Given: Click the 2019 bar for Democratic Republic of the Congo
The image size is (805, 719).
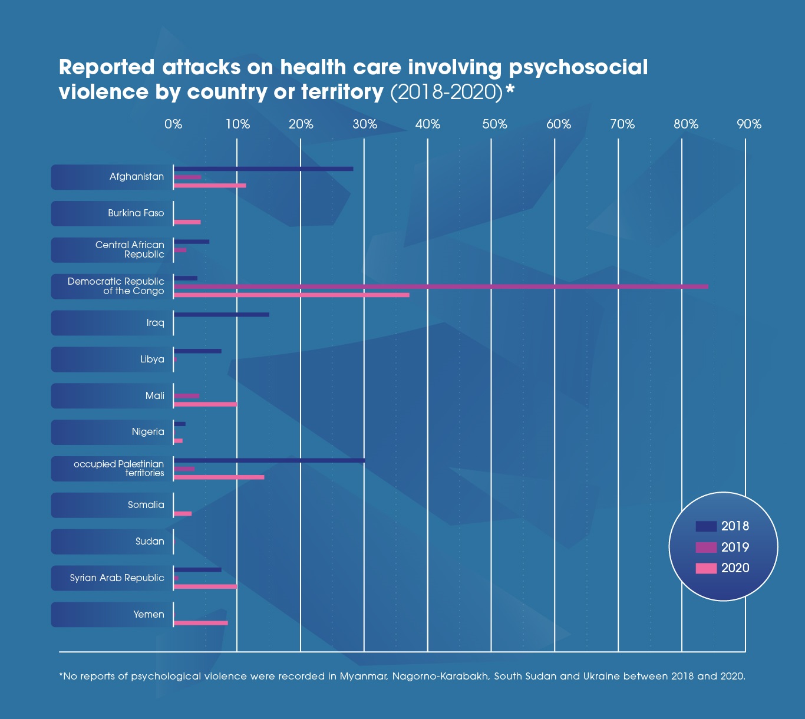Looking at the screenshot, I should point(441,286).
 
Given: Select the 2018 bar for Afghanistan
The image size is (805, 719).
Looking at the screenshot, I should point(263,169).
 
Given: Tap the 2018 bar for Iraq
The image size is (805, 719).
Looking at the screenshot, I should point(222,315).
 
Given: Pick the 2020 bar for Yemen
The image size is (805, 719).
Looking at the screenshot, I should point(201,623).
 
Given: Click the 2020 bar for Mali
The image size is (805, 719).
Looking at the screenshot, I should point(205,404).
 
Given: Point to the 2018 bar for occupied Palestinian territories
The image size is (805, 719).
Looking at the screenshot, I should point(269,460).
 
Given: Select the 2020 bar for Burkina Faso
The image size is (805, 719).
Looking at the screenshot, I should point(187,222).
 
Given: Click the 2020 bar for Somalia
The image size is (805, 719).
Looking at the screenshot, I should point(183,514).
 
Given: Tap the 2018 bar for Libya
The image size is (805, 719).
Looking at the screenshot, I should point(197,351).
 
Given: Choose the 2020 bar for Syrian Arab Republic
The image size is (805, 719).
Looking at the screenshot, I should point(205,586).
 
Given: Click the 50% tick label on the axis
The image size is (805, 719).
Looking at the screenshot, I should point(494,124).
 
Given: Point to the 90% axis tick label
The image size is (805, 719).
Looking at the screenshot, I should point(749,124).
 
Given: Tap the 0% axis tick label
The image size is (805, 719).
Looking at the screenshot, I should point(173,124).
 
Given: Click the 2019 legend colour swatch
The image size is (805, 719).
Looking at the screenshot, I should point(706,547).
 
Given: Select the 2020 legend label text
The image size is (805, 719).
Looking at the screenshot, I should point(735,568).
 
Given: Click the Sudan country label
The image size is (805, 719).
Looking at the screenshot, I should point(150,542).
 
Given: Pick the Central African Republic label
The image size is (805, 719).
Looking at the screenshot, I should point(130,250).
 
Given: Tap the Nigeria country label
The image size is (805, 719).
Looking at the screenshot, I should point(148,432).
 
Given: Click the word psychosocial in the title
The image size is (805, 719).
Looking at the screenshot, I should point(578,68).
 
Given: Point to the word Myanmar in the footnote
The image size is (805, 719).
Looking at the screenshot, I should point(363,676).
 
